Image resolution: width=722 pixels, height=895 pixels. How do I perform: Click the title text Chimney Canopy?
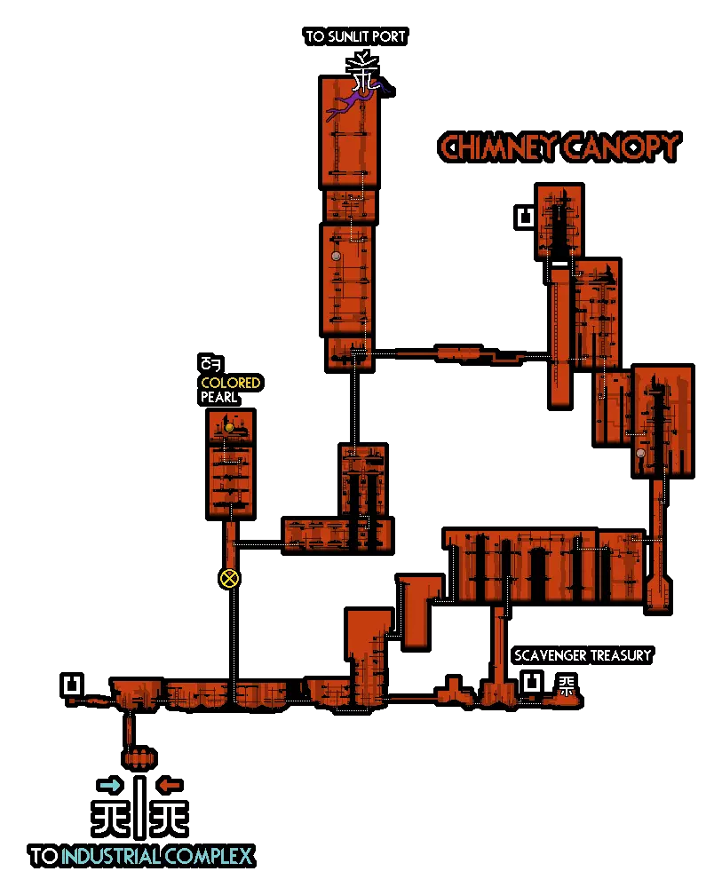[559, 147]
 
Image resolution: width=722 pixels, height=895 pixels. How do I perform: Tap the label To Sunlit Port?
[355, 36]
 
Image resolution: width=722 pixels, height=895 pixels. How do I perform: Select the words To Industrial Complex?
[142, 856]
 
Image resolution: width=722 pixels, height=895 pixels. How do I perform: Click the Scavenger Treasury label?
[583, 655]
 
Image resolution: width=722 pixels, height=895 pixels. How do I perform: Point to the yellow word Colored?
[230, 383]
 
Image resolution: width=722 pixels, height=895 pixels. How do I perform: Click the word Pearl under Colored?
[218, 397]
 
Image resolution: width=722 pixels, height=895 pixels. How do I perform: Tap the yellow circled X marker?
[230, 579]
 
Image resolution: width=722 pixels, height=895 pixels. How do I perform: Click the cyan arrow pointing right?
[110, 785]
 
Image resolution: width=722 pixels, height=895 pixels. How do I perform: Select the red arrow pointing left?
[169, 785]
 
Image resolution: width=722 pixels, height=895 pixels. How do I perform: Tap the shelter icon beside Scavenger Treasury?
[531, 683]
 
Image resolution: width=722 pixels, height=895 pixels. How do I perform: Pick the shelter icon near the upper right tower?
[526, 217]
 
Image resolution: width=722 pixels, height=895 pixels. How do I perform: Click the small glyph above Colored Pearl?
[210, 363]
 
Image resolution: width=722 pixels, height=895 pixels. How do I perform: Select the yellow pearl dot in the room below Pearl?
[229, 428]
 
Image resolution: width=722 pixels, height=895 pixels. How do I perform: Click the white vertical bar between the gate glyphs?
[139, 806]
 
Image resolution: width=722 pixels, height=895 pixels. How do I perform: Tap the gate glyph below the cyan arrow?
[110, 816]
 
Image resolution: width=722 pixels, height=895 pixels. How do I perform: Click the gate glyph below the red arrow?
[169, 816]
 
